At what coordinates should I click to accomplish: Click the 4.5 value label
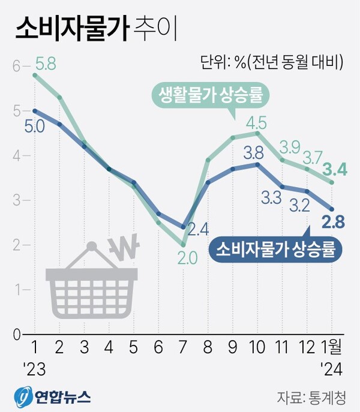point(257,124)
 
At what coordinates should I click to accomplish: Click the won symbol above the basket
point(127,246)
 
